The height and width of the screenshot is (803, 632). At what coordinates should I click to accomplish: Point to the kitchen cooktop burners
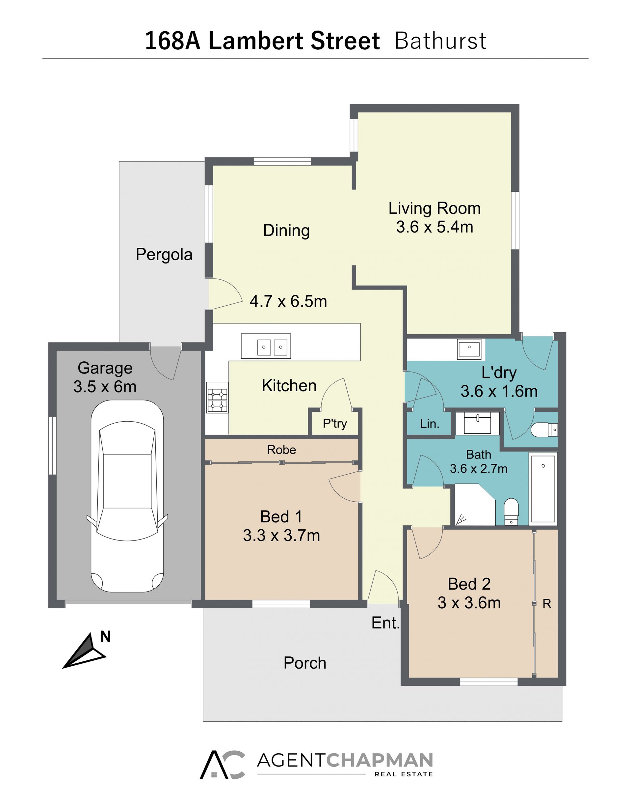pyautogui.click(x=217, y=398)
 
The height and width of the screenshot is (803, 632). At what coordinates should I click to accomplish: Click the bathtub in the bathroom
pyautogui.click(x=543, y=489)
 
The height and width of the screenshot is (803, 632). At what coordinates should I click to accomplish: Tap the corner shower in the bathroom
pyautogui.click(x=475, y=505)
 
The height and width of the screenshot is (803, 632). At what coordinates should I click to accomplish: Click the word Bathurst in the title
pyautogui.click(x=440, y=41)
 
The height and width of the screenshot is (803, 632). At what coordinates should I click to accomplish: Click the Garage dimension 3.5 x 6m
pyautogui.click(x=105, y=387)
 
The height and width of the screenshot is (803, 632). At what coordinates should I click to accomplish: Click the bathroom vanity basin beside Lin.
pyautogui.click(x=477, y=423)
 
